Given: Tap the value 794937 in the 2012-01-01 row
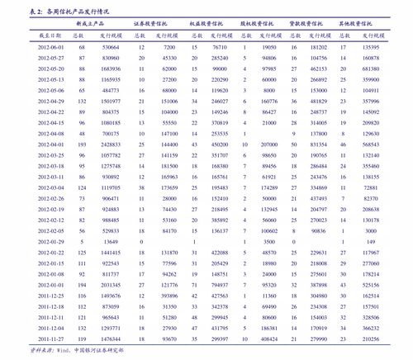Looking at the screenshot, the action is (220, 284).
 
